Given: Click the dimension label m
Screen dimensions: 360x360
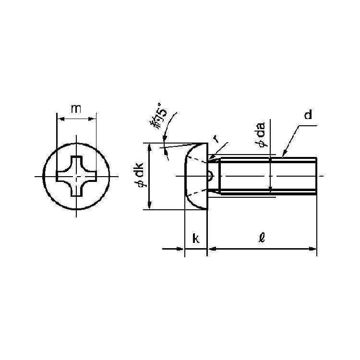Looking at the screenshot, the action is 76,108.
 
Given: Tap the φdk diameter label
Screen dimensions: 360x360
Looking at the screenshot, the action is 139,175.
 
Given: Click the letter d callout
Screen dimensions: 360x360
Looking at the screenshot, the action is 308,115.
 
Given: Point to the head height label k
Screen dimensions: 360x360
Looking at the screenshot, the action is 196,238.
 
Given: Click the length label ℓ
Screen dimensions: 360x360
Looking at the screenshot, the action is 262,238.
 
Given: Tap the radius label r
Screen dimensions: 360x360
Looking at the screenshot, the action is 216,139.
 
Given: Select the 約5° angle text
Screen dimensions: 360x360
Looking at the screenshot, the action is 158,116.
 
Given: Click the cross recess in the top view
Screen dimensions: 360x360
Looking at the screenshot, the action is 76,176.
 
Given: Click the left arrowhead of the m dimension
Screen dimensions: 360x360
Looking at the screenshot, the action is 60,119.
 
